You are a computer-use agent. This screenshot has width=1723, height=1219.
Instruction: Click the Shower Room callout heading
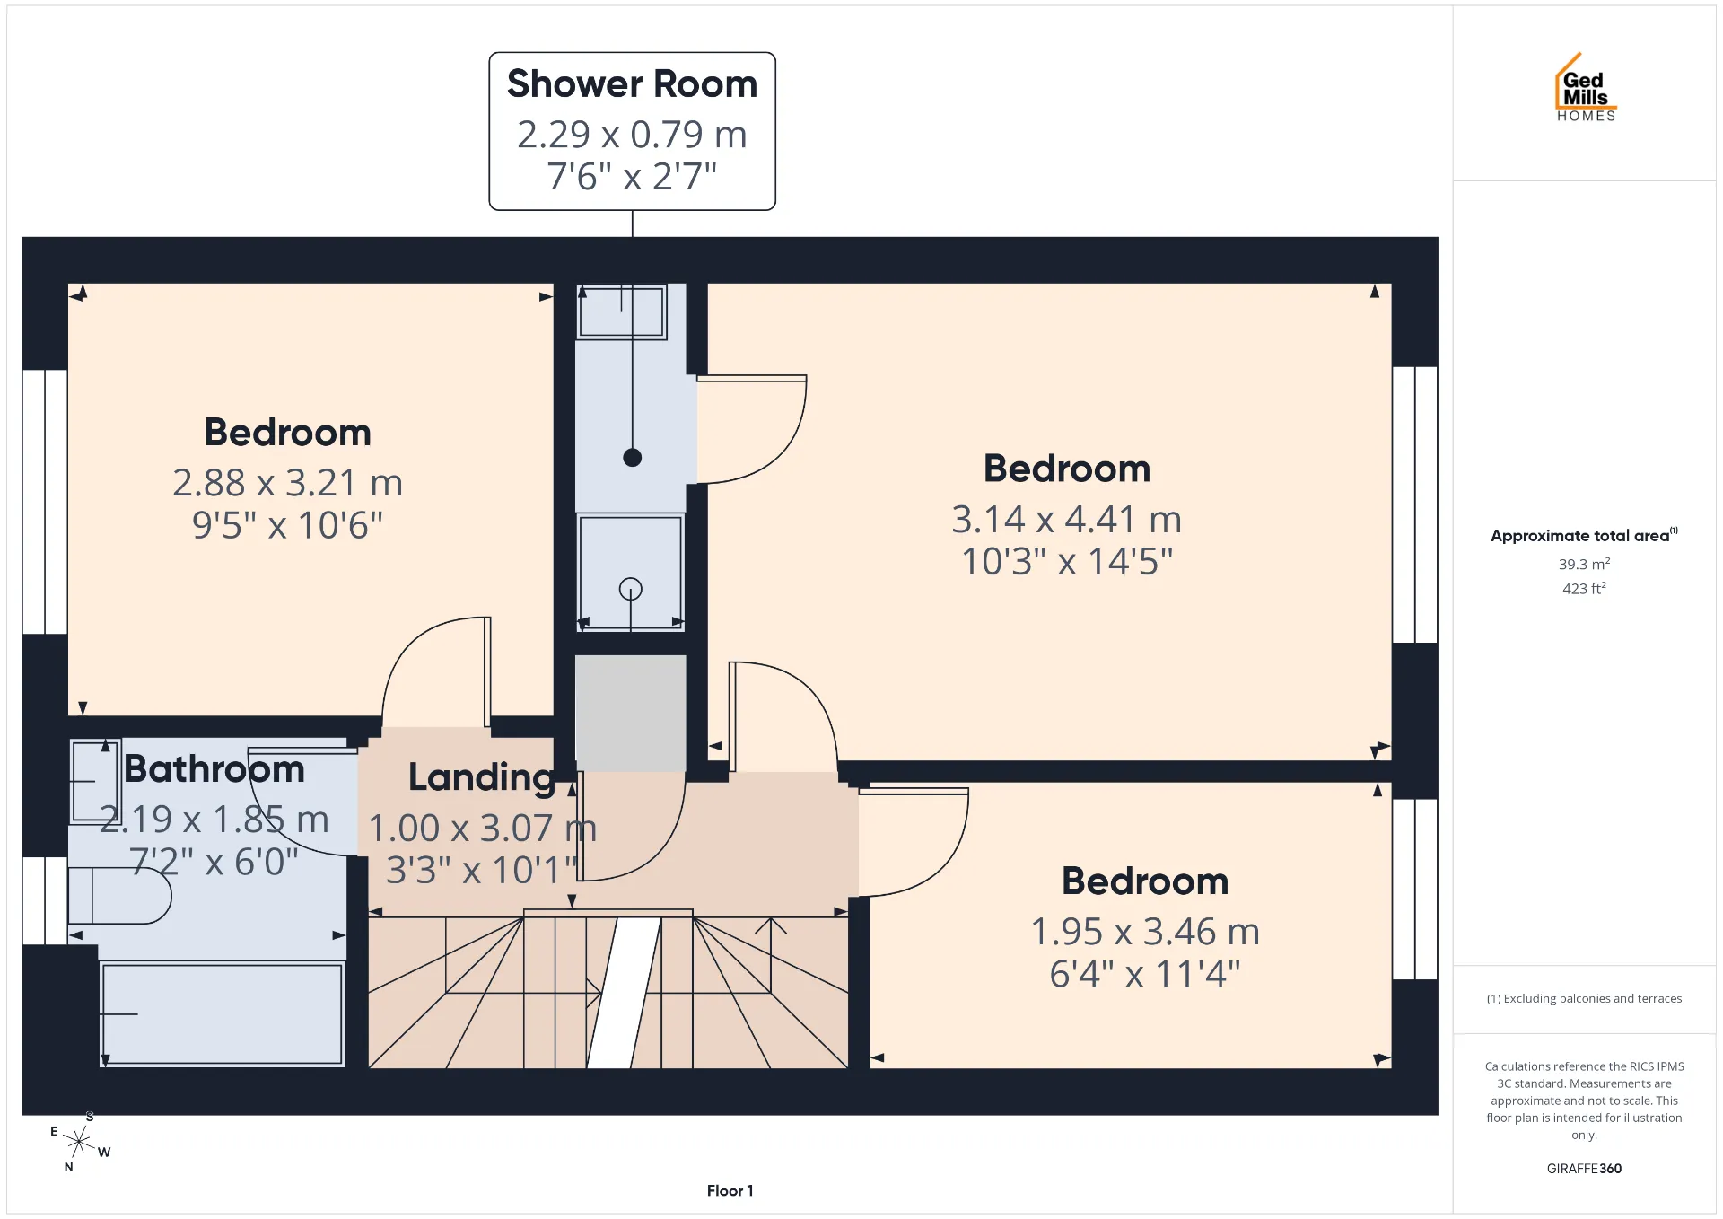632,83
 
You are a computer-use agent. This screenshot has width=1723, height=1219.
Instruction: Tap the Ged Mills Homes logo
1586,87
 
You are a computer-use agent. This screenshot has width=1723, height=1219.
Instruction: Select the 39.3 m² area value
1584,564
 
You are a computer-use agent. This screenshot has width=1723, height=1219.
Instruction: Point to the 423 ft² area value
1584,588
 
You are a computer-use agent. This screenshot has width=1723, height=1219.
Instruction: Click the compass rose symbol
80,1142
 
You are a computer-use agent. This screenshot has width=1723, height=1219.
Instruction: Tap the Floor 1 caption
730,1190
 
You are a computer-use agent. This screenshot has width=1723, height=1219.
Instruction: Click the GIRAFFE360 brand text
1584,1168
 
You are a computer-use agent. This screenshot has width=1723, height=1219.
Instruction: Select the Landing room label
481,777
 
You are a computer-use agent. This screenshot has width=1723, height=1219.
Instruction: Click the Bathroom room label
214,769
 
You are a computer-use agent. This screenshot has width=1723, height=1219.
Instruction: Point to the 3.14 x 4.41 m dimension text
1066,519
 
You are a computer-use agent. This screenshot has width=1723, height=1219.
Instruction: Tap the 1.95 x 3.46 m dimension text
1145,932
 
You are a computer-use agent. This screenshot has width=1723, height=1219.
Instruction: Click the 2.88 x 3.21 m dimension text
287,483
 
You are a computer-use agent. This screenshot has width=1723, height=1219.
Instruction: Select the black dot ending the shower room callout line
633,458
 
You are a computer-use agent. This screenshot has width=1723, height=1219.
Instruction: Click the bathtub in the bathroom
222,1013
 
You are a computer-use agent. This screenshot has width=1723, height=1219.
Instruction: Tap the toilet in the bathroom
119,895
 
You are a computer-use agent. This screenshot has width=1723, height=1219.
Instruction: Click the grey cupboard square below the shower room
631,713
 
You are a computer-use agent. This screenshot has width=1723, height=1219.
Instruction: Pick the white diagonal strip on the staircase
625,993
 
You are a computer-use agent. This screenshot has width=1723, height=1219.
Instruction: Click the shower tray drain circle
631,589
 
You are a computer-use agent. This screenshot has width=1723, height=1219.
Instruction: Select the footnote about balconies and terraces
1584,998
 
